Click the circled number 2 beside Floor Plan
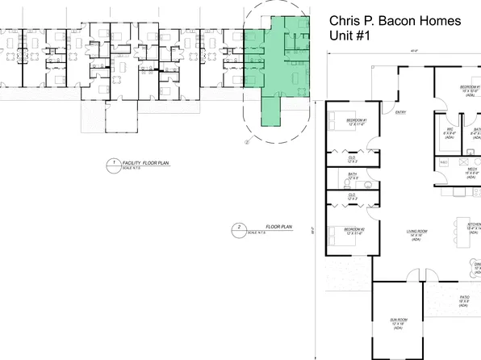232,228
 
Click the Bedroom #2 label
354,231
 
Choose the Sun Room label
398,322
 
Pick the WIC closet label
449,132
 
